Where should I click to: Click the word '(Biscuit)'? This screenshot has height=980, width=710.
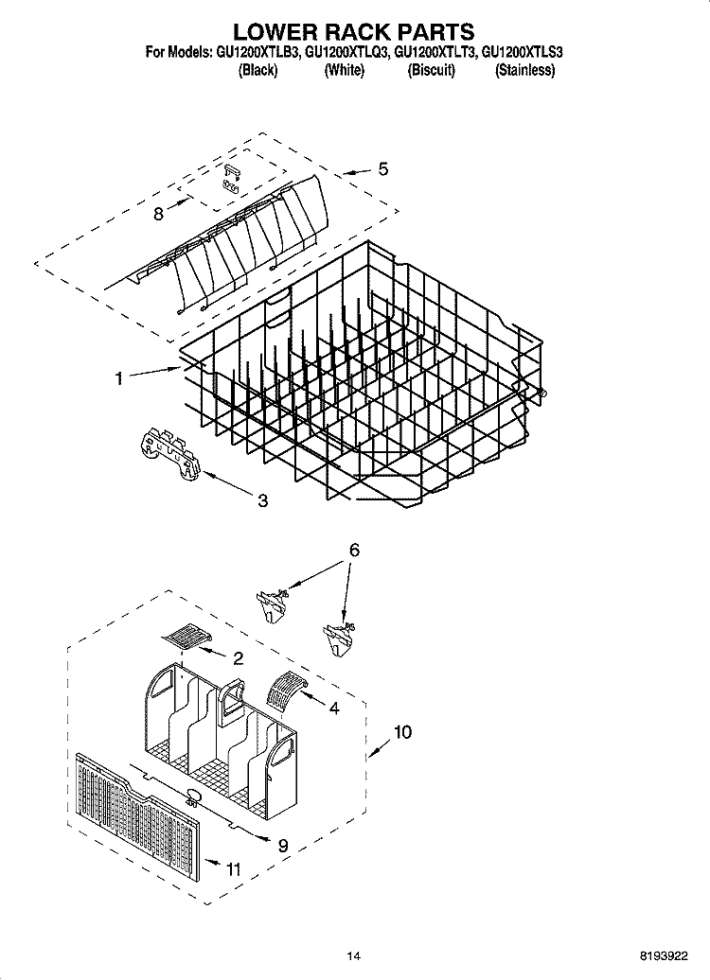(431, 71)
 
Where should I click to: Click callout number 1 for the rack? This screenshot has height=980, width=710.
(119, 379)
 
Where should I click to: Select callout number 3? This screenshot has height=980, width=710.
(262, 500)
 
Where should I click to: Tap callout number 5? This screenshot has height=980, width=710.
(382, 169)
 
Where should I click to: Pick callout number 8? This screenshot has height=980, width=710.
(158, 214)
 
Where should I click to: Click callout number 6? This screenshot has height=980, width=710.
(354, 550)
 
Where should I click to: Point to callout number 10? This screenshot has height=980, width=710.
(402, 731)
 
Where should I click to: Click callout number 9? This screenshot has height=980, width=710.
(282, 847)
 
